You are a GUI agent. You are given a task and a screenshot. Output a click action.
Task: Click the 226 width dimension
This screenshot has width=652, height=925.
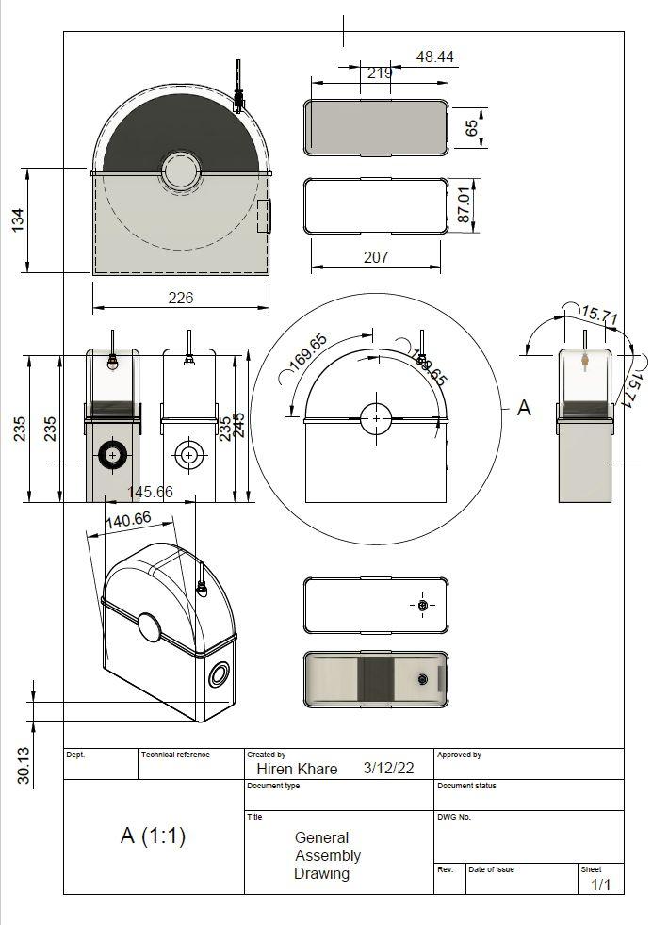(x=181, y=298)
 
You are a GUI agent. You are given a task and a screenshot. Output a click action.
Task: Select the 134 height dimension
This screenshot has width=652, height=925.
(x=18, y=219)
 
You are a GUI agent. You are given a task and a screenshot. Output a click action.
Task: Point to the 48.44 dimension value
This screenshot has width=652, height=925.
(x=435, y=57)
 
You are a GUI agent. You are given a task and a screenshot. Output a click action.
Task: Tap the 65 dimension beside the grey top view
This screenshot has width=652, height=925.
(x=471, y=128)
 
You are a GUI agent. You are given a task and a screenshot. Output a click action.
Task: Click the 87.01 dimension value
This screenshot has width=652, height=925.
(x=465, y=205)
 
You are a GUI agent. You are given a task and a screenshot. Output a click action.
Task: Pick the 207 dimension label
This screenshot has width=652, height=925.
(x=376, y=257)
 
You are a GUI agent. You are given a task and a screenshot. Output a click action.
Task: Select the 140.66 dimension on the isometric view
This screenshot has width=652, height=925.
(x=129, y=520)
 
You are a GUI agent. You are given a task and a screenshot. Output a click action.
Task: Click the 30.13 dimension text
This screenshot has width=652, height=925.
(x=24, y=765)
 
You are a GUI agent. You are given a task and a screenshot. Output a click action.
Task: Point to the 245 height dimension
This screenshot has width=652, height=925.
(x=239, y=426)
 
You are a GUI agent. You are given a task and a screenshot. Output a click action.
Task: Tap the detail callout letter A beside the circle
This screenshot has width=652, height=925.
(x=524, y=408)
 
